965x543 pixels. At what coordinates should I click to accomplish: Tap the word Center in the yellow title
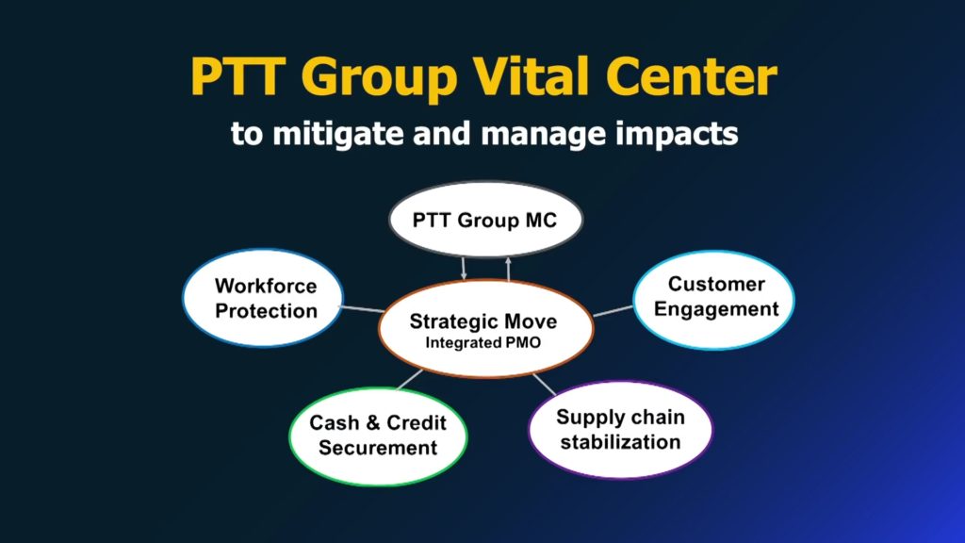coord(691,76)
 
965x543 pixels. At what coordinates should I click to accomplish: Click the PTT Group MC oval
coord(485,219)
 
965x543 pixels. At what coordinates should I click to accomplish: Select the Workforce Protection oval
coord(263,298)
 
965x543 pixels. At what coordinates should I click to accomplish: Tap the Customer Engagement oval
coord(714,300)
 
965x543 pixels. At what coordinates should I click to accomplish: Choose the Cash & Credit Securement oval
coord(378,436)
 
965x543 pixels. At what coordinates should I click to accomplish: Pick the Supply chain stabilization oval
coord(620,430)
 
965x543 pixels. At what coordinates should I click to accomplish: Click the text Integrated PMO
coord(483,343)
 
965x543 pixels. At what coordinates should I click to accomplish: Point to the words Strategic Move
coord(483,321)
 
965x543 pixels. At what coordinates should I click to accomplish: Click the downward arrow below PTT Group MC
coord(464,269)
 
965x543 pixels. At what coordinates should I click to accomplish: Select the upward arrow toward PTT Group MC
coord(508,269)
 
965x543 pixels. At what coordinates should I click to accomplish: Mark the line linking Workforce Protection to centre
coord(363,308)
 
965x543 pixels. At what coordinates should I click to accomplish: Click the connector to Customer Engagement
coord(613,311)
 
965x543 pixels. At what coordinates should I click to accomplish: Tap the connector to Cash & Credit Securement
coord(410,380)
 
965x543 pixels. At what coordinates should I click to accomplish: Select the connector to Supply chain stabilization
coord(544,385)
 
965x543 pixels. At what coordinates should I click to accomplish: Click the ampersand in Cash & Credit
coord(372,423)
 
